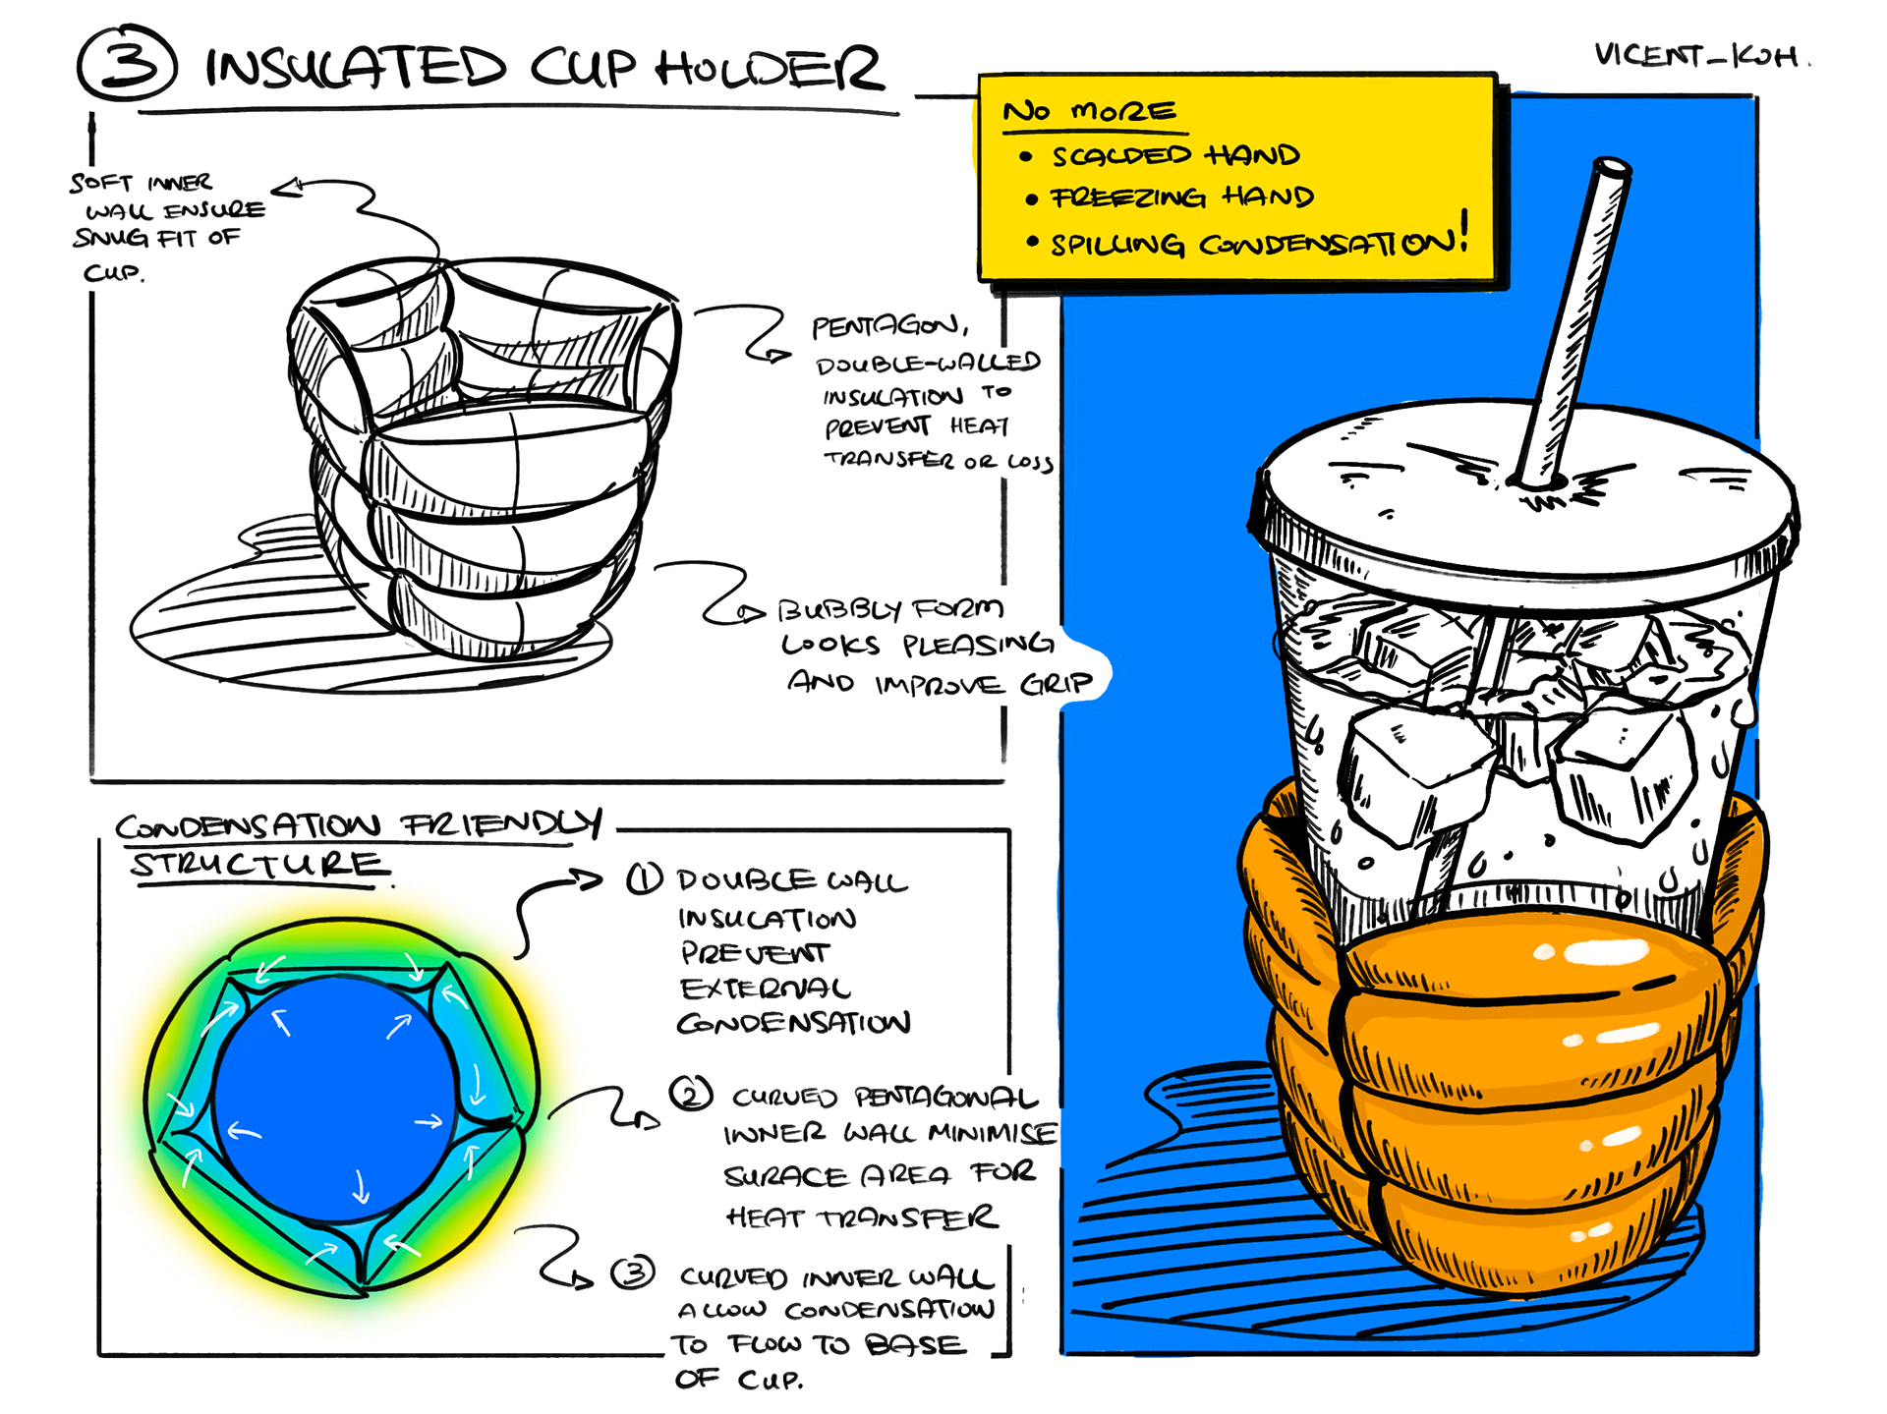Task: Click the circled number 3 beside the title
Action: pos(128,64)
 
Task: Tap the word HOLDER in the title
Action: pos(769,69)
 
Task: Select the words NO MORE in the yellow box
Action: pos(1089,111)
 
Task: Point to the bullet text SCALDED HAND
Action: pos(1175,155)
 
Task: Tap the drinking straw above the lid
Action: pos(1572,314)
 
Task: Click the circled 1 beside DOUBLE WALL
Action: pos(645,877)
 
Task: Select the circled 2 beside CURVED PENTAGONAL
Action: pos(691,1093)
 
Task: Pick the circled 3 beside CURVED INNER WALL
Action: pos(633,1273)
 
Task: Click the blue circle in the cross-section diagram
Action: pos(334,1096)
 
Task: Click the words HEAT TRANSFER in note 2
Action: pos(861,1218)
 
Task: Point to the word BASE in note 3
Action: pos(914,1344)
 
